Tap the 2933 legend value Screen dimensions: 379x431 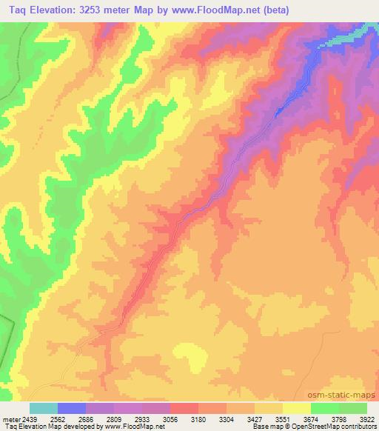[141, 419]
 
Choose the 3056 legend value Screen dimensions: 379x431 [170, 419]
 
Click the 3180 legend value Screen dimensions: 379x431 [198, 419]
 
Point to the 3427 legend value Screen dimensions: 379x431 [253, 419]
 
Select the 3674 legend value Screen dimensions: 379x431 [311, 419]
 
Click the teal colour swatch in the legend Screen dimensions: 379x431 [44, 408]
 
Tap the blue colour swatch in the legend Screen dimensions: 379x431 [72, 408]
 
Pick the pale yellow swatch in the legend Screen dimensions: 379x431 [297, 408]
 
